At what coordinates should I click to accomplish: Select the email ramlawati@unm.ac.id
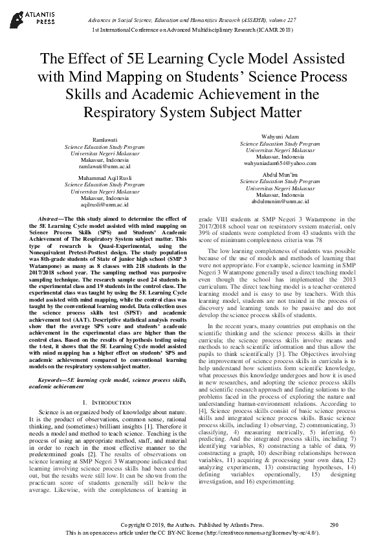105,166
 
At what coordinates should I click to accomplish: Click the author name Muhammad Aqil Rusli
105,177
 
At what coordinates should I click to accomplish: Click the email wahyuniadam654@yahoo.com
280,164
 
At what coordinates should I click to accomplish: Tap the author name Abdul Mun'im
280,174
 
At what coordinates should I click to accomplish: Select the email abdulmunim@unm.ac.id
280,201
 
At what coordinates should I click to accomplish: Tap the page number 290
334,525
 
